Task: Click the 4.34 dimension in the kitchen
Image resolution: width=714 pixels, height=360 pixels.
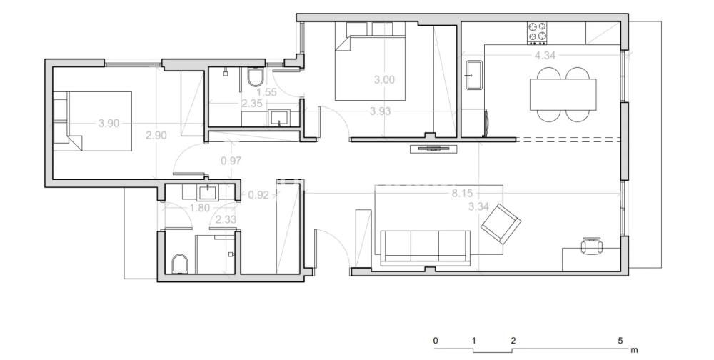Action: coord(545,56)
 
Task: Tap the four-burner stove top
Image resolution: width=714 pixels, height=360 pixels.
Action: coord(538,34)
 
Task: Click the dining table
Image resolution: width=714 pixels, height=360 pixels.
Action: coord(563,94)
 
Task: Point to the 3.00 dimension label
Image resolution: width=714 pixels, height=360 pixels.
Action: coord(384,80)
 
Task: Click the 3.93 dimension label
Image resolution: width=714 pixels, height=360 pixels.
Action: coord(381,111)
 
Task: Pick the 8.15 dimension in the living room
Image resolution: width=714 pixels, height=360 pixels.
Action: coord(462,194)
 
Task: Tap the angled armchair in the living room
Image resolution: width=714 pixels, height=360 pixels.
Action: coord(501,224)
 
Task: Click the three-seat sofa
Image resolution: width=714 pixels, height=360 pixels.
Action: coord(426,247)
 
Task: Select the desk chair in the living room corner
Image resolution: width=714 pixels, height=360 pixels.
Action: coord(591,246)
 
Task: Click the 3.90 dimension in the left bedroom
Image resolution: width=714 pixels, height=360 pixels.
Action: coord(109,124)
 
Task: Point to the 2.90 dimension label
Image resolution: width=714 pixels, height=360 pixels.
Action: coord(156,135)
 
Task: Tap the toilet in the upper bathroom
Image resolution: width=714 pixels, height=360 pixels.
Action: coord(255,77)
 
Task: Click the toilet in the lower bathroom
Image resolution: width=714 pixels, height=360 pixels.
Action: coord(180,264)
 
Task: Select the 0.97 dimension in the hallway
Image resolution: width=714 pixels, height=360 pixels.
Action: coord(231,161)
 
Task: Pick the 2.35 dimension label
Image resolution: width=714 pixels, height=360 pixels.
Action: coord(252,104)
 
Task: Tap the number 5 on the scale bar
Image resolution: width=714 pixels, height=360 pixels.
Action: coord(620,341)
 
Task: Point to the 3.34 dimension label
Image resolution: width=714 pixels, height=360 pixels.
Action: coord(478,207)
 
